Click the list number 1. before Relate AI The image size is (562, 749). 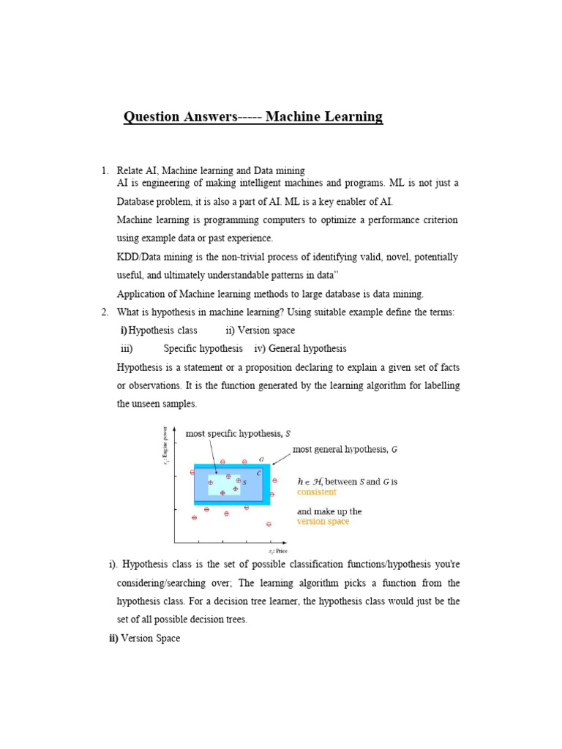click(105, 170)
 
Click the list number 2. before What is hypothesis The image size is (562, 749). click(105, 312)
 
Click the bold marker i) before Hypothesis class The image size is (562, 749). click(124, 331)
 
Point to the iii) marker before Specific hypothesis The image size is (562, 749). click(127, 349)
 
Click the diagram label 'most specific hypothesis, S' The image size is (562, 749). click(238, 433)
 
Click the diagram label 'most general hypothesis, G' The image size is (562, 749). click(345, 449)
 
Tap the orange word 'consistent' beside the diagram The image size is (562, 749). click(317, 492)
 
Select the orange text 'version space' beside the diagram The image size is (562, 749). click(323, 522)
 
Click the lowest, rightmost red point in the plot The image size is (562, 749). click(269, 524)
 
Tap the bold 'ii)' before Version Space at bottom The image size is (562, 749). click(113, 639)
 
